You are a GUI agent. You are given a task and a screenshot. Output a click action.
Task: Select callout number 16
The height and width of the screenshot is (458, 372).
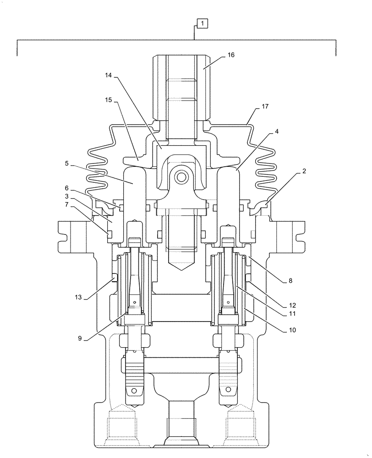tap(230, 55)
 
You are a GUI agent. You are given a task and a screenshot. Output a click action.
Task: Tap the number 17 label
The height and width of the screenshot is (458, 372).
tap(265, 106)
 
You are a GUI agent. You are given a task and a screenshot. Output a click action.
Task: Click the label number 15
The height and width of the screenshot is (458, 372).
tap(109, 99)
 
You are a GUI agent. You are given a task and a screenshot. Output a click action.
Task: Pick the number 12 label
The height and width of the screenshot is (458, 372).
tap(292, 305)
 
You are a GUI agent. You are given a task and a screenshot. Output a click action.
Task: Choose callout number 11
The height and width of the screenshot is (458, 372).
tap(292, 314)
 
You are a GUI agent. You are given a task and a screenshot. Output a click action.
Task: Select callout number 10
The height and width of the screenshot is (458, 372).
tap(292, 330)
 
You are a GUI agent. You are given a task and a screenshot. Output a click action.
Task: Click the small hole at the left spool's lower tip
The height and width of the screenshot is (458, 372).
tap(134, 391)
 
